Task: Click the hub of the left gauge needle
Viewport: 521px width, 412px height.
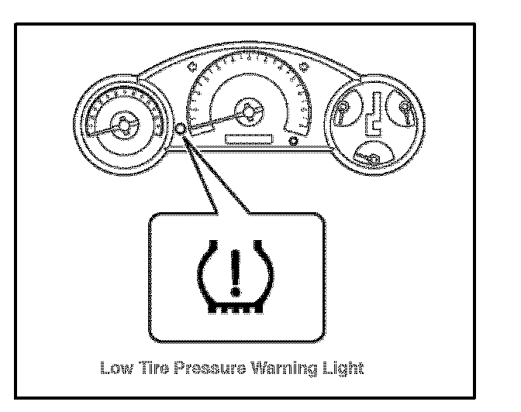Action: pos(122,123)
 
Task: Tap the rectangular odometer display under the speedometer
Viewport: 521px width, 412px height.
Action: pos(247,139)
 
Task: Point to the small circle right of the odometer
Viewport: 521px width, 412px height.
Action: pos(292,142)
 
